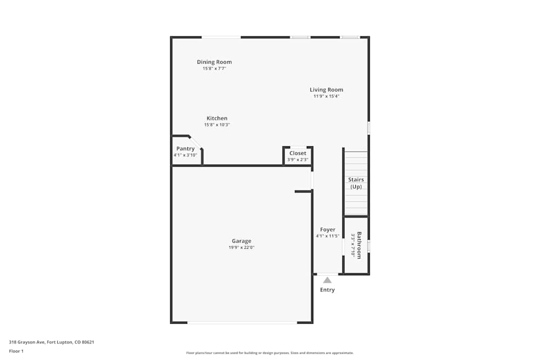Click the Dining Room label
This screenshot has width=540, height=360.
click(x=214, y=62)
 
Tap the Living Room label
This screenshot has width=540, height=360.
click(x=326, y=90)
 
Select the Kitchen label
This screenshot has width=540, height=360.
click(x=217, y=118)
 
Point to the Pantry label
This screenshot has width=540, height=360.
click(x=185, y=149)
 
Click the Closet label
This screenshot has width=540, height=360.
click(x=298, y=153)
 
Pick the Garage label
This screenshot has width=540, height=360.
click(x=241, y=241)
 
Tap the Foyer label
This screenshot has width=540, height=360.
click(x=328, y=229)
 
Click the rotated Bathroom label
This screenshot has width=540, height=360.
click(x=359, y=245)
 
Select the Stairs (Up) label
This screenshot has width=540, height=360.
click(x=356, y=183)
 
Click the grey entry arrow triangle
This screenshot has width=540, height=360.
click(x=327, y=280)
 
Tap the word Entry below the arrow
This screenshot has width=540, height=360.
click(x=327, y=290)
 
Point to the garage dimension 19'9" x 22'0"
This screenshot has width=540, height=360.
click(x=241, y=248)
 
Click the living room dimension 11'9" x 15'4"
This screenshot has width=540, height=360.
click(x=326, y=96)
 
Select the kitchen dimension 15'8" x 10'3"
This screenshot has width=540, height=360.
click(x=217, y=125)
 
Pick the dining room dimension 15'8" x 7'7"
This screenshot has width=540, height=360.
click(x=214, y=69)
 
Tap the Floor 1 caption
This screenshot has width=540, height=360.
click(x=16, y=351)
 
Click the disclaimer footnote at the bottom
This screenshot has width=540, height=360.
click(x=269, y=352)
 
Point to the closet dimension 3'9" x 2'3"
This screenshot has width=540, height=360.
click(x=298, y=160)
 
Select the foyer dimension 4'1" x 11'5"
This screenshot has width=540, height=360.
click(x=328, y=236)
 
